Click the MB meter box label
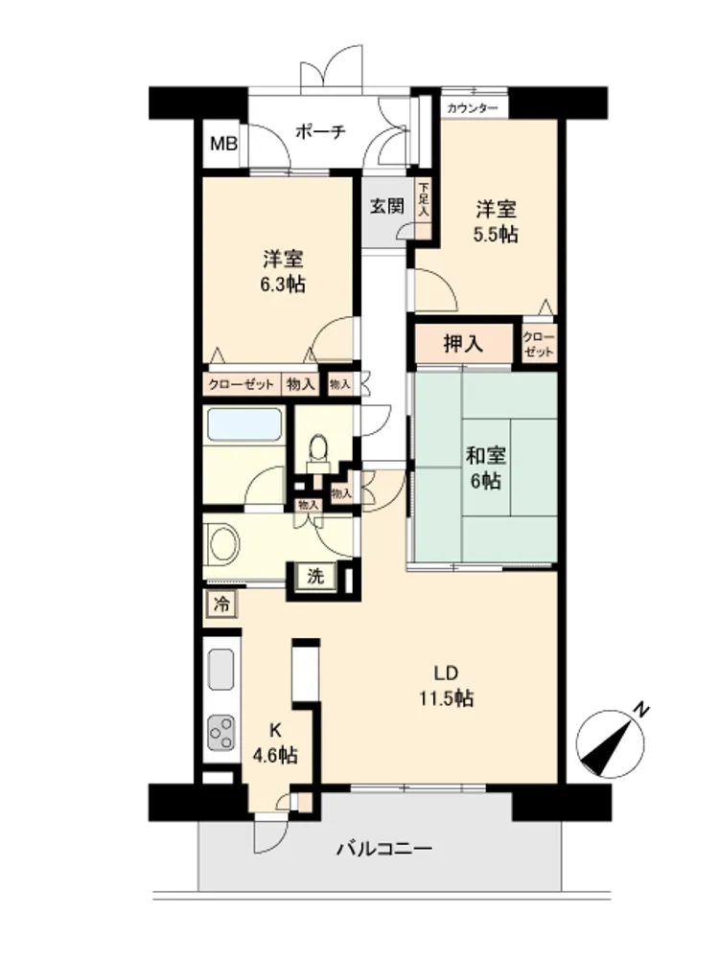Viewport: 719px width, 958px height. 223,145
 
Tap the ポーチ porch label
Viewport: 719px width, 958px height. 320,130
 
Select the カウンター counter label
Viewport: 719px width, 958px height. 472,109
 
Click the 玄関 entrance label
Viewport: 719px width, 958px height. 387,206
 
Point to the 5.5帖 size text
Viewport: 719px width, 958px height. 496,234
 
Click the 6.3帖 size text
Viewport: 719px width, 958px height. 283,285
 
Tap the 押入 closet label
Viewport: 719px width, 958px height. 463,345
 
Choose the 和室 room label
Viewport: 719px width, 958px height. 486,455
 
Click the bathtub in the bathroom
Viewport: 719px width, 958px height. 244,424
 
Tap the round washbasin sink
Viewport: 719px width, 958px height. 224,543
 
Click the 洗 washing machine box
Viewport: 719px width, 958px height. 315,576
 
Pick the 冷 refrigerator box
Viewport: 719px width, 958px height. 221,604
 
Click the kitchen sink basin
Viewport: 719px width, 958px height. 221,670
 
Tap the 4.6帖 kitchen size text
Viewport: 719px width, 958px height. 276,756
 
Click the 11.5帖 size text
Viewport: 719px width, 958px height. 447,698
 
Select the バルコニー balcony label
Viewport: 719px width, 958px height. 384,849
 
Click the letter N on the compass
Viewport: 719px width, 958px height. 640,711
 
